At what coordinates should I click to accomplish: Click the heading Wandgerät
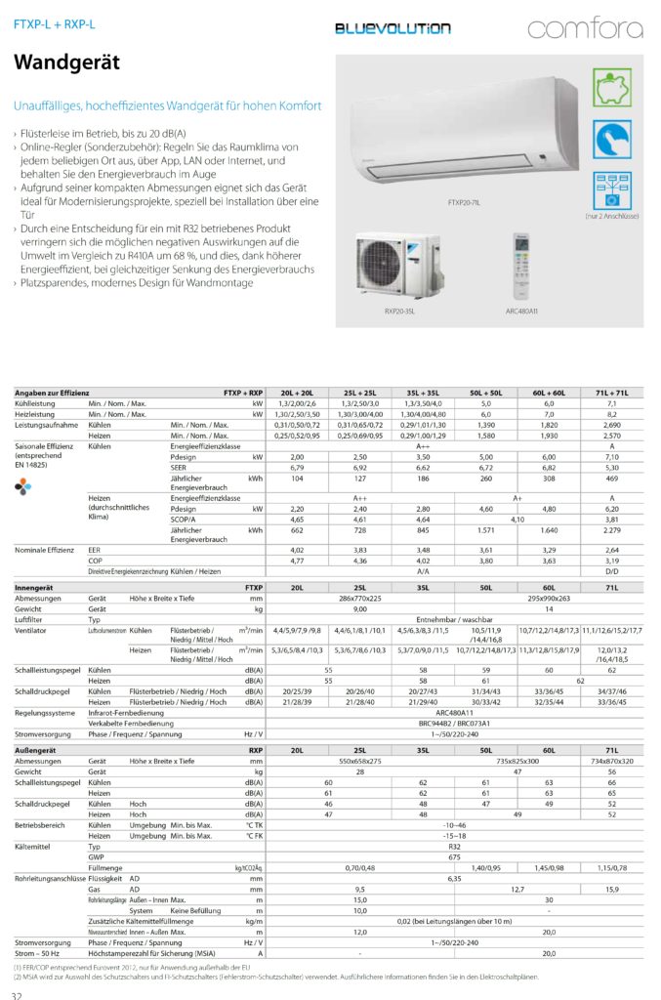pyautogui.click(x=66, y=63)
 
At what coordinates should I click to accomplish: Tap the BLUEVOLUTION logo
pyautogui.click(x=392, y=28)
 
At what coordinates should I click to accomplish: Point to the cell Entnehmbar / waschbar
pyautogui.click(x=454, y=619)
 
